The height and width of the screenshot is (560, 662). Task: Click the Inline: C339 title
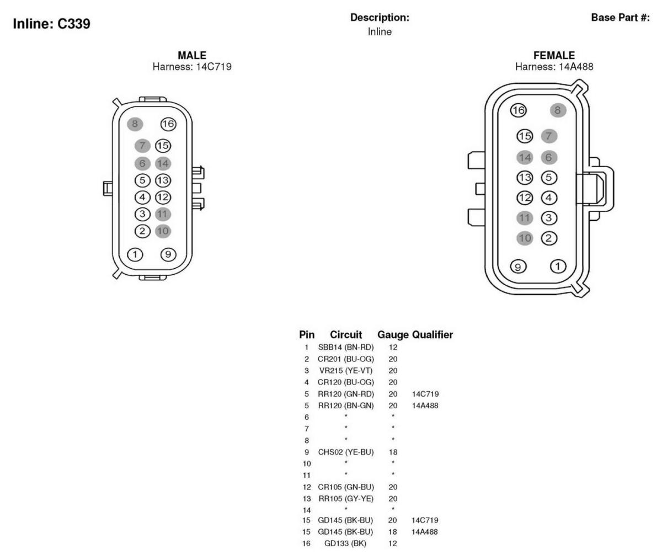pos(51,24)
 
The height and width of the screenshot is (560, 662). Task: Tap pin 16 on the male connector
pos(168,124)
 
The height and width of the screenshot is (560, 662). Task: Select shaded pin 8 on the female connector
pos(558,110)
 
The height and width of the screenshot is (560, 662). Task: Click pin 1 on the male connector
pos(135,255)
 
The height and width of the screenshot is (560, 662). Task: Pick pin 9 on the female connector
pos(518,266)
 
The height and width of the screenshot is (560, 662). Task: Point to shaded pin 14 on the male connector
pos(163,163)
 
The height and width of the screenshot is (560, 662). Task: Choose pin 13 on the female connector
pos(525,178)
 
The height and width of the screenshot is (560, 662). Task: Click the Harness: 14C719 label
pos(192,67)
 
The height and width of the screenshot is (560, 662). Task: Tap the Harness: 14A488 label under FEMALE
pos(554,67)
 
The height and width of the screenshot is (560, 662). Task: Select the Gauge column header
pos(393,335)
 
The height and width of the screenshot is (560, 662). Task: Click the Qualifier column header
pos(433,334)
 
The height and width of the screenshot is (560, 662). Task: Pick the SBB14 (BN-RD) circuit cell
pos(346,347)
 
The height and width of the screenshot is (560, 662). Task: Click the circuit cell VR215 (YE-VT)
pos(346,371)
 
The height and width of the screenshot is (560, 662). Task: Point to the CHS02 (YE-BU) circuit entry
pos(346,452)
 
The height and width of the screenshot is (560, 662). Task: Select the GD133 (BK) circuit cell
pos(345,543)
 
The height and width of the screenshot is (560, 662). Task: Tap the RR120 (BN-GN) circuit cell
pos(346,406)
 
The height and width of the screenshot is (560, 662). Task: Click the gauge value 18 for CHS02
pos(393,452)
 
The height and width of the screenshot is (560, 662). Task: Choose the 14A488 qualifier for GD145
pos(425,532)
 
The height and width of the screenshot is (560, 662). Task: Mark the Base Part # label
pos(621,17)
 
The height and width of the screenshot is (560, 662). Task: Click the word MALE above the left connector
pos(192,55)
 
